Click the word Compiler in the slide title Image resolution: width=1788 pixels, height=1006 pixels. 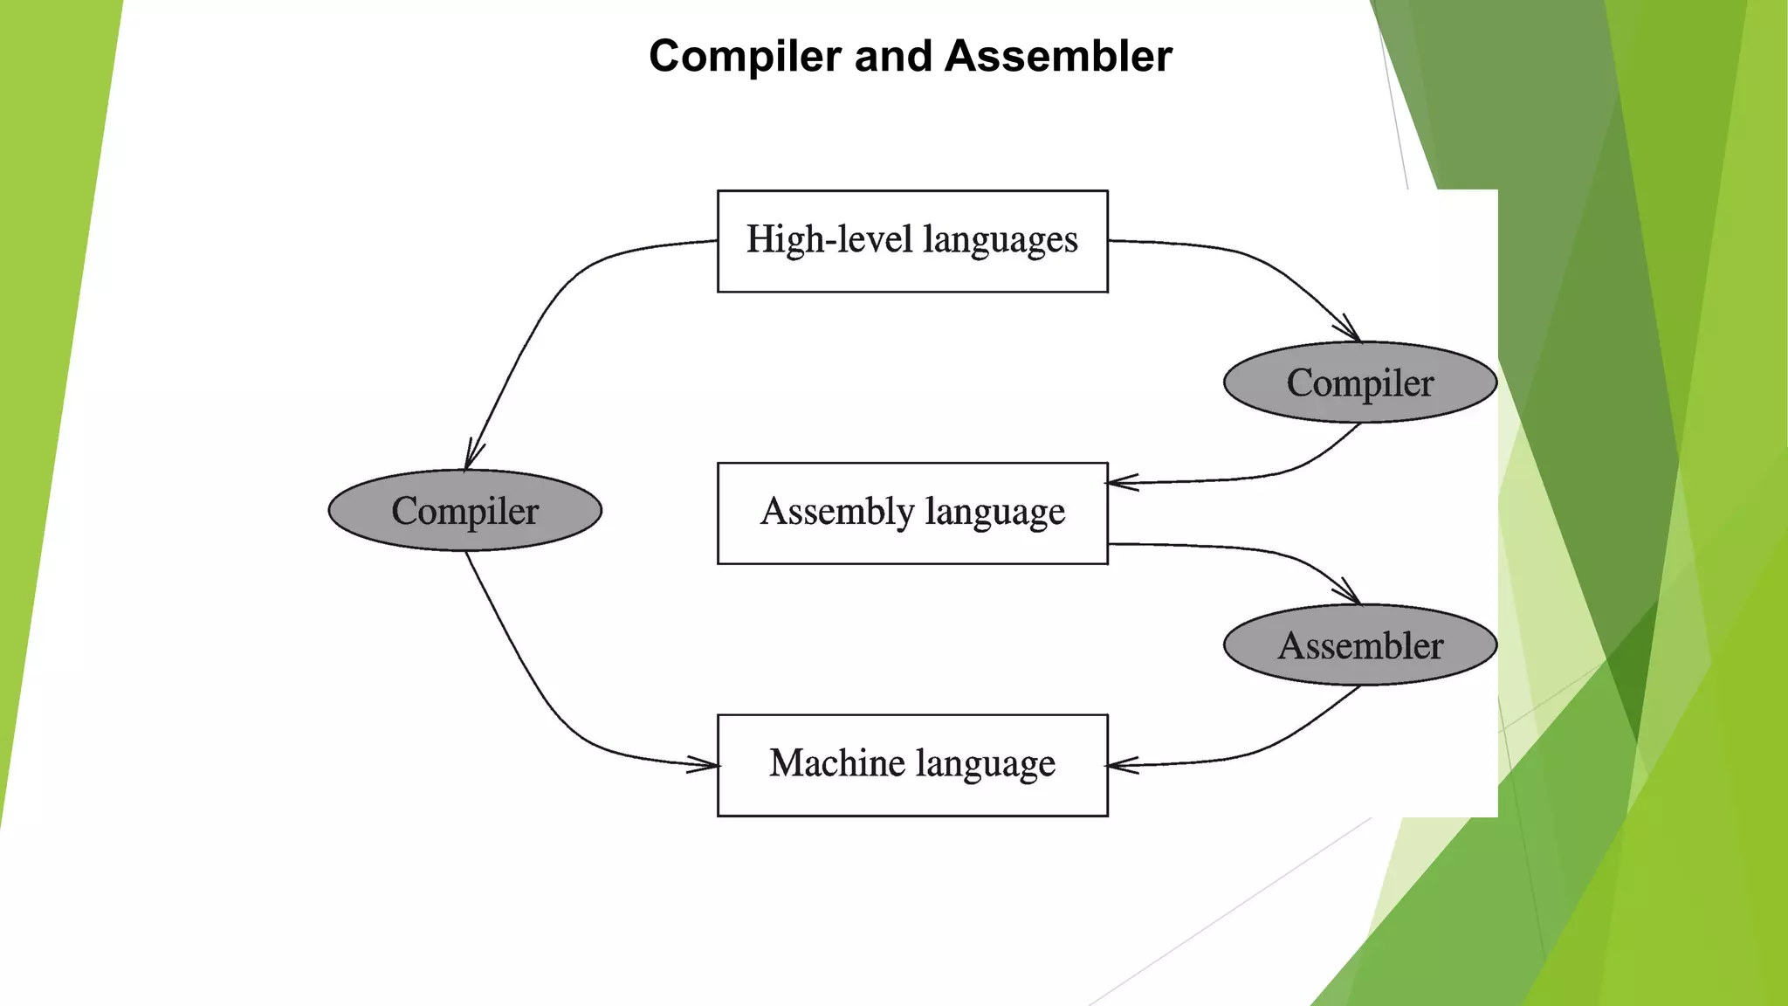click(x=745, y=57)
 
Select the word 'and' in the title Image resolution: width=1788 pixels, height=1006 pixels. click(x=892, y=57)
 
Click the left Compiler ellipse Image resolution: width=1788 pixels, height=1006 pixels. click(x=464, y=511)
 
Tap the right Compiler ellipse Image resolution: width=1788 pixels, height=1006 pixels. click(x=1360, y=382)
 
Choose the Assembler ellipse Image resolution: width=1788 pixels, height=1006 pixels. click(x=1360, y=645)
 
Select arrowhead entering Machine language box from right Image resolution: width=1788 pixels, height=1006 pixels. click(x=1118, y=766)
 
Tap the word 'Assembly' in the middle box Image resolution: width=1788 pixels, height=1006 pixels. click(x=836, y=512)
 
